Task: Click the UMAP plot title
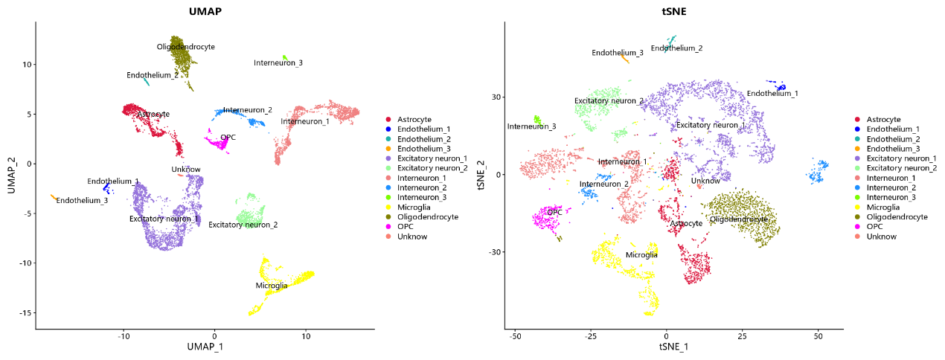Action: coord(205,12)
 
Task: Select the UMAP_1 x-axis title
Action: coord(205,347)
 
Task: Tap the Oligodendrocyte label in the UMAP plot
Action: coord(186,47)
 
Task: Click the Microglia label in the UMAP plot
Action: coord(272,286)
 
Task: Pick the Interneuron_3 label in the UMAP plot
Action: coord(278,63)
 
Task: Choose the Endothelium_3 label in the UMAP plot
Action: coord(82,201)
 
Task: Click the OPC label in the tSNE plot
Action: coord(554,213)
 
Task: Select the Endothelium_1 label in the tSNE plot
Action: coord(772,94)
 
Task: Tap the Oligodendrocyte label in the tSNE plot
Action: coord(738,219)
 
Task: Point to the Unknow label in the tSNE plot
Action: coord(705,181)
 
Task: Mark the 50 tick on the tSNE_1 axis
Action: coord(818,335)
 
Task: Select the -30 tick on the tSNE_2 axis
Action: coord(493,252)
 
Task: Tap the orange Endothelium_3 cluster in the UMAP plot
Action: coord(53,197)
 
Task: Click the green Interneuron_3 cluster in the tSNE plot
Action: coord(537,119)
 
